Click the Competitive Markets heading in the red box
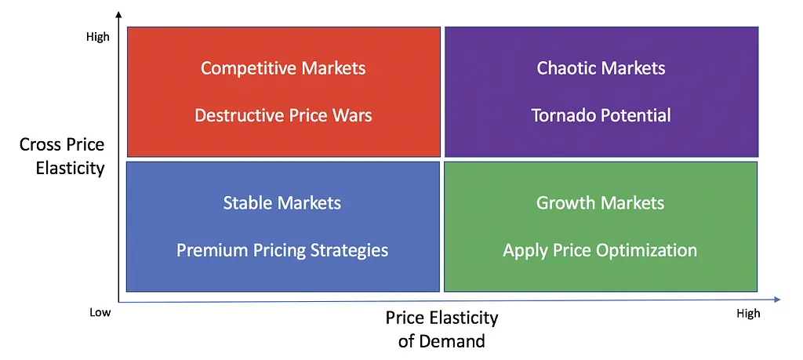(x=283, y=68)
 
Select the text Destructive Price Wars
(x=283, y=115)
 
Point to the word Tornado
(x=564, y=115)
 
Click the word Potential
(x=636, y=115)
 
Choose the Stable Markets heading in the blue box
(x=282, y=203)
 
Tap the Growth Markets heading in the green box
(x=600, y=203)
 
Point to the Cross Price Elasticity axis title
(x=62, y=156)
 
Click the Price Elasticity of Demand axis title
(x=441, y=329)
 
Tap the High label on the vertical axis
(x=98, y=38)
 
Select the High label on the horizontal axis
(x=748, y=314)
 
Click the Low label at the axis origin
(x=100, y=312)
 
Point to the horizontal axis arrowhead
(x=777, y=300)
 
